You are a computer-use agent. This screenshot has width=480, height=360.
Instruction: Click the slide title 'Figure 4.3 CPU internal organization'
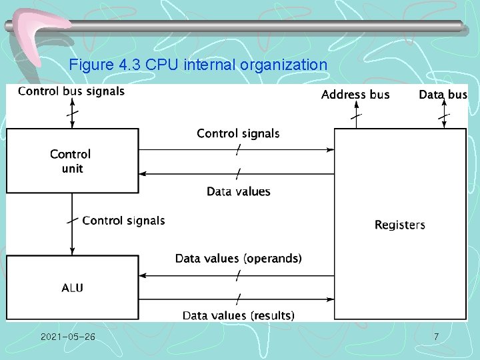(198, 65)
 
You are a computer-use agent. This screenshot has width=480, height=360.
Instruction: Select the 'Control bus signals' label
(71, 91)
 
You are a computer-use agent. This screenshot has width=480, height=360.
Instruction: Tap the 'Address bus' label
(355, 95)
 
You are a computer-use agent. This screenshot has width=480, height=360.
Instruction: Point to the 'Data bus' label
(443, 95)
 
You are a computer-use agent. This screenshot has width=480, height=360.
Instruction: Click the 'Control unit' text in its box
(71, 161)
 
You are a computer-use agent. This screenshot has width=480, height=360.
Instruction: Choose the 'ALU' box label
(73, 288)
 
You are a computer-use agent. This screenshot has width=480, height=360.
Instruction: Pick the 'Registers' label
(399, 225)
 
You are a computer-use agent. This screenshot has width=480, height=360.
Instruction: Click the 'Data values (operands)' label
(238, 258)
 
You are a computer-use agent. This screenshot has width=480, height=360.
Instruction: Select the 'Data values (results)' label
(238, 315)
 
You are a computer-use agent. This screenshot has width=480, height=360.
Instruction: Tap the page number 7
(436, 337)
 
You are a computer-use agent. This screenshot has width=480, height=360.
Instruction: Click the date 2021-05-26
(67, 337)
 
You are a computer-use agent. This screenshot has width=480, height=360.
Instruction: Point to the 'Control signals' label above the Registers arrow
(238, 134)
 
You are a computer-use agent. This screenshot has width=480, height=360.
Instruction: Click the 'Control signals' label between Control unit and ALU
(123, 220)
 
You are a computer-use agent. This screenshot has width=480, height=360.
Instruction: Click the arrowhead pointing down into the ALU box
(72, 251)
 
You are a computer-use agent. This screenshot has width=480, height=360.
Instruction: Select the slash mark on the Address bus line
(357, 116)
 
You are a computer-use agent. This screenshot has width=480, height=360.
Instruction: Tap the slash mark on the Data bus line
(443, 116)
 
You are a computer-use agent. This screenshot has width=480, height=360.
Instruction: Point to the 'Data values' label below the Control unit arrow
(238, 191)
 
